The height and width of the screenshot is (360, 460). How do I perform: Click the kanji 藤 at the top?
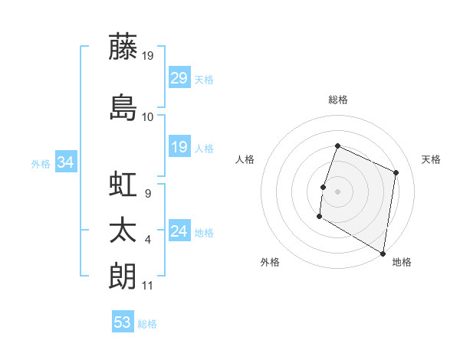click(x=123, y=47)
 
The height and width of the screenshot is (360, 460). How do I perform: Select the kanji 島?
click(x=123, y=108)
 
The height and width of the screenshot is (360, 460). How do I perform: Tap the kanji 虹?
click(x=123, y=186)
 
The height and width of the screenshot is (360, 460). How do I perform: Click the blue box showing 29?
click(x=179, y=78)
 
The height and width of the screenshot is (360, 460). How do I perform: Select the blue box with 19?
click(x=179, y=147)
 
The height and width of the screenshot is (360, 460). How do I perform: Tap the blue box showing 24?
click(x=179, y=231)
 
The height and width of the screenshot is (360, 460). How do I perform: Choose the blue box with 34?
click(x=66, y=162)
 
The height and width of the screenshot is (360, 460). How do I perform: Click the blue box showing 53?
click(x=123, y=322)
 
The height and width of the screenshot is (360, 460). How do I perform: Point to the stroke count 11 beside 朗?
click(x=148, y=286)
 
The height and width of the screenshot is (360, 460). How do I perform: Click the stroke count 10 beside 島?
click(x=148, y=117)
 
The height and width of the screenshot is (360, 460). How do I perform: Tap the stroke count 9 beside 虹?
click(x=148, y=194)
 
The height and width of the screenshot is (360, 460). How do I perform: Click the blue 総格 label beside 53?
click(x=148, y=324)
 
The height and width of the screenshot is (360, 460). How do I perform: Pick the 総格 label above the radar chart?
click(x=338, y=100)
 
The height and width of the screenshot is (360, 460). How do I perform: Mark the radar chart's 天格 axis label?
click(x=432, y=159)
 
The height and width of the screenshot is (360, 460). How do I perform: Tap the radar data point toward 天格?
click(x=396, y=172)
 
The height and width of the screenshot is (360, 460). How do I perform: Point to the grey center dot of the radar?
click(x=338, y=191)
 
